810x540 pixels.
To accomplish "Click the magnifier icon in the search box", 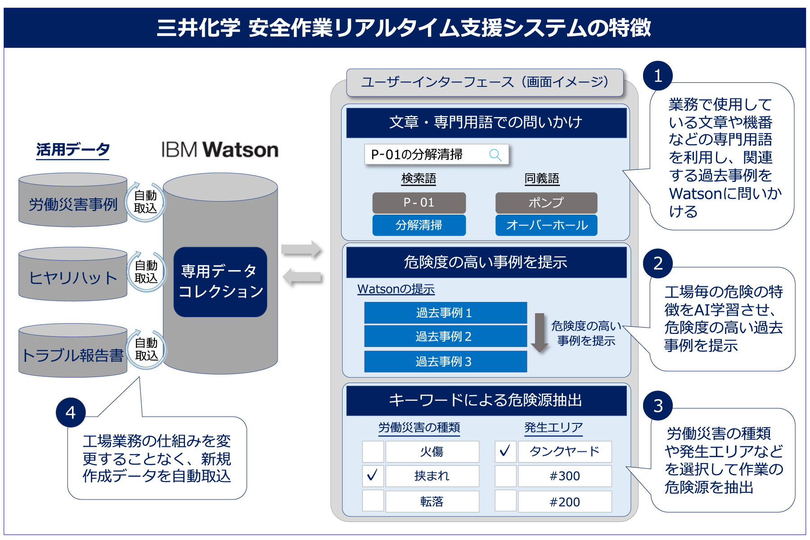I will pos(495,155).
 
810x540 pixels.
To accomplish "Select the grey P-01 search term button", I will pos(418,202).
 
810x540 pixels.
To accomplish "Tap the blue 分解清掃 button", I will pos(418,225).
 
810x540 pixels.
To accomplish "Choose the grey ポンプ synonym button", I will pos(546,202).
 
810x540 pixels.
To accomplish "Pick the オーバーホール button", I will pos(546,225).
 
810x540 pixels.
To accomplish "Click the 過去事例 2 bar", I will pos(445,336).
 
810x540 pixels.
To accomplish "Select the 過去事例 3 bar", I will pos(445,361).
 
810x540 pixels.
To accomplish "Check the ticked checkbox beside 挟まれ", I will pos(373,476).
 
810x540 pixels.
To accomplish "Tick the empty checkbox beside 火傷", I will pos(373,451).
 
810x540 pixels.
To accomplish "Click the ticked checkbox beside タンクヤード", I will pos(505,451).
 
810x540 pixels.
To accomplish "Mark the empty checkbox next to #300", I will pos(505,476).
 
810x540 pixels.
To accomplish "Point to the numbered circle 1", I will pos(657,76).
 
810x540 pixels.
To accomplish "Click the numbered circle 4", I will pos(71,412).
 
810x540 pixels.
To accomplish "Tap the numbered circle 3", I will pos(657,405).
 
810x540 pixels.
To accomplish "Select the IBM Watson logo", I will pos(220,150).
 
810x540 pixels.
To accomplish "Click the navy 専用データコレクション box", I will pos(220,282).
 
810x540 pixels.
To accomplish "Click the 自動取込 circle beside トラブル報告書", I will pos(146,349).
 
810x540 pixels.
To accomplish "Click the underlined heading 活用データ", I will pos(73,149).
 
